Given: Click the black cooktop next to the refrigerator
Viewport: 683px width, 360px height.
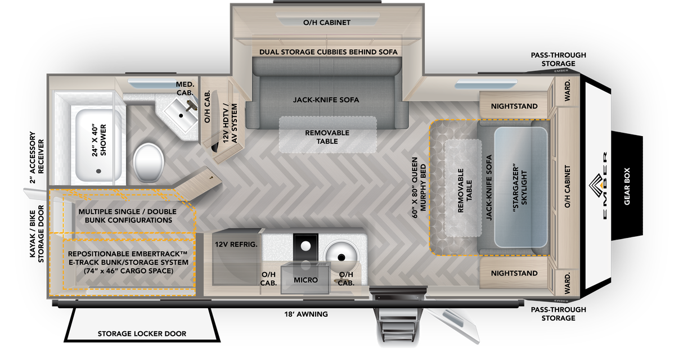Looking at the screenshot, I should tap(305, 246).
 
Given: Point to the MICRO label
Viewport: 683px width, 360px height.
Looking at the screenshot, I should tap(306, 280).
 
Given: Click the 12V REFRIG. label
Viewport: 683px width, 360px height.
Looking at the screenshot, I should tap(236, 245).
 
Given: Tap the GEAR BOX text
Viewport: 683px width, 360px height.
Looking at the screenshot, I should tap(627, 184).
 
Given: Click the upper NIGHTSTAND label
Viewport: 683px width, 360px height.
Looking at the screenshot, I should tap(514, 106).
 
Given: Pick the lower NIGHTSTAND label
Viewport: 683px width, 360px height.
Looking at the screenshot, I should tap(514, 273).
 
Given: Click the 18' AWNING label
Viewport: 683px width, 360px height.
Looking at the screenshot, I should tap(306, 314).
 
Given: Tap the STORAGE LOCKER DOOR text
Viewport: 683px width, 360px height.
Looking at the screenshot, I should tap(142, 334).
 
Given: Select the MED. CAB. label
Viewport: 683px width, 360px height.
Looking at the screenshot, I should tap(185, 88).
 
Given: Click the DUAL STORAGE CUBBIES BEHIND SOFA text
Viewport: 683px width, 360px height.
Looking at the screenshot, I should tap(328, 52).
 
